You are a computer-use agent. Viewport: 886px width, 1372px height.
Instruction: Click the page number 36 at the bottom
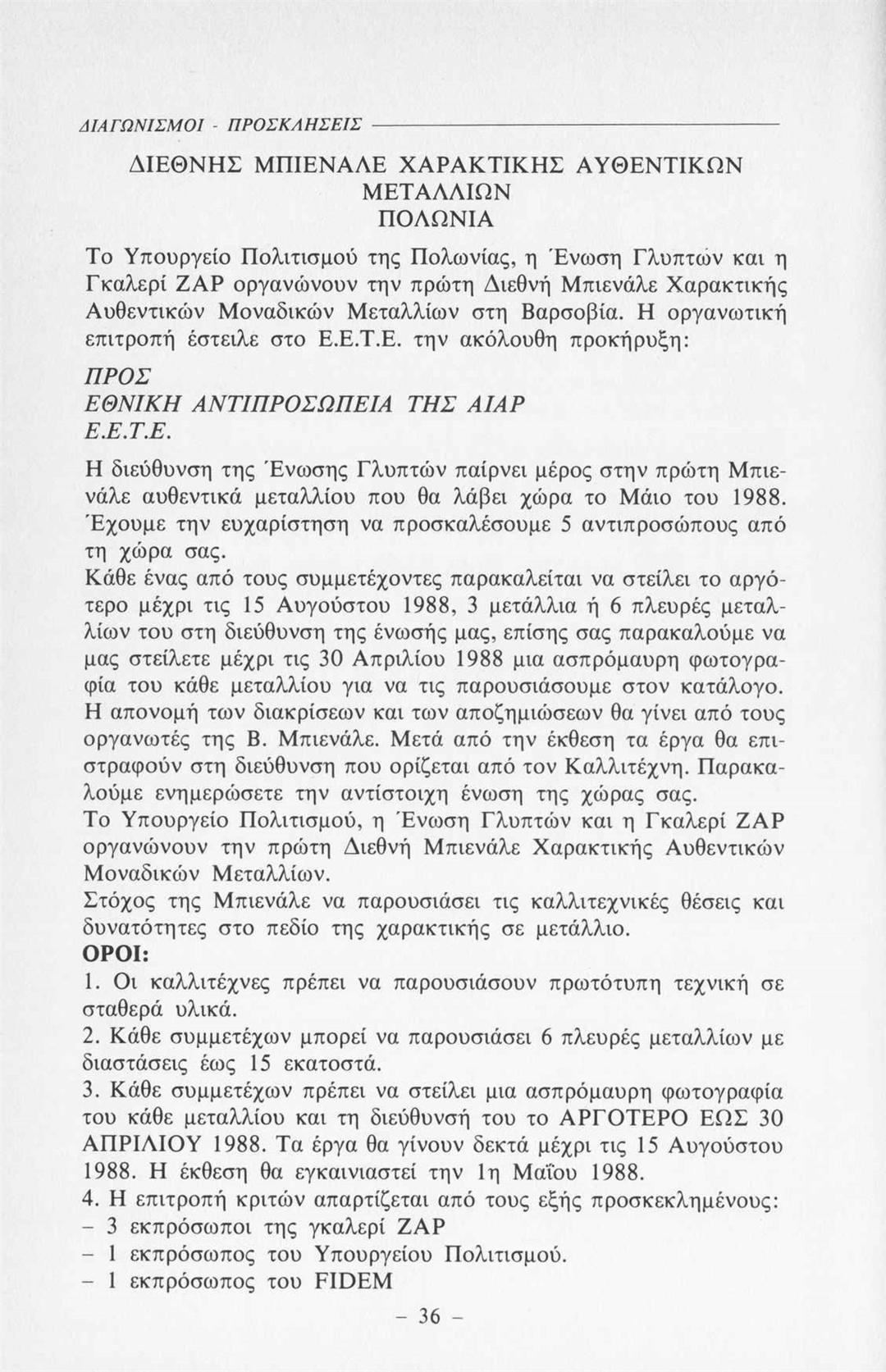[x=430, y=1317]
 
